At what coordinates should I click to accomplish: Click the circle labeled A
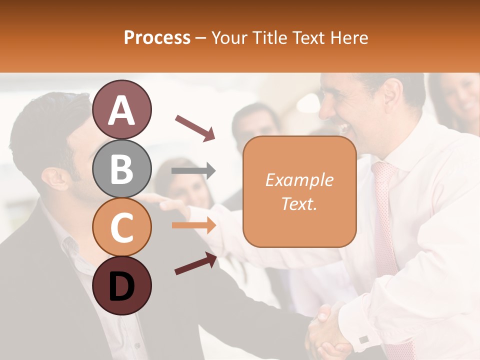[x=121, y=109]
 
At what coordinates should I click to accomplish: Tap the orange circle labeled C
[x=121, y=227]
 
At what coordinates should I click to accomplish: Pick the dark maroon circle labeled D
[x=121, y=285]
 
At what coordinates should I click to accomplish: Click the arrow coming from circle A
[x=195, y=127]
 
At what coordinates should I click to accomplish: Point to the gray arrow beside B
[x=193, y=171]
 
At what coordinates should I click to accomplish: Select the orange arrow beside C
[x=193, y=225]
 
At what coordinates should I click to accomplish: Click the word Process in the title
[x=157, y=37]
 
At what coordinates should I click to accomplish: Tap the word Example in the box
[x=299, y=180]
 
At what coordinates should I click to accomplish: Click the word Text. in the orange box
[x=299, y=203]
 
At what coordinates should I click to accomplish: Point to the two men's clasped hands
[x=327, y=330]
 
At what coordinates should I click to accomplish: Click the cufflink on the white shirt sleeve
[x=364, y=339]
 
